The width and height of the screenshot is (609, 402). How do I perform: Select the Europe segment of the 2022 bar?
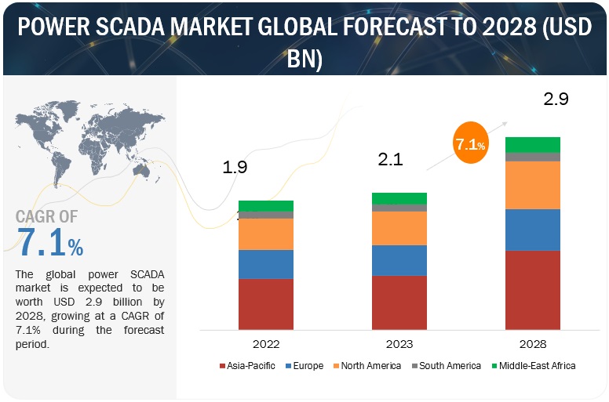pyautogui.click(x=265, y=264)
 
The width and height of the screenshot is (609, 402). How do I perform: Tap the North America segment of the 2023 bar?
pyautogui.click(x=399, y=228)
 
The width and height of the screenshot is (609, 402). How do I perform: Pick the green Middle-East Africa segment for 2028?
pyautogui.click(x=532, y=145)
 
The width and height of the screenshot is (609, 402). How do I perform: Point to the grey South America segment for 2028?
pyautogui.click(x=532, y=157)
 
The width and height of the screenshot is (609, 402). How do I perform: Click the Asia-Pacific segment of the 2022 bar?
pyautogui.click(x=265, y=303)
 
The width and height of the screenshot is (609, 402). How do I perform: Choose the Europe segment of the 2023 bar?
pyautogui.click(x=399, y=260)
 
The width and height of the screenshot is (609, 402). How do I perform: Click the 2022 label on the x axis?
pyautogui.click(x=265, y=343)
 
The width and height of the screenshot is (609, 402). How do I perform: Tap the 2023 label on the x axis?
pyautogui.click(x=399, y=343)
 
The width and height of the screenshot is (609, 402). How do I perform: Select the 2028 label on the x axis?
pyautogui.click(x=532, y=343)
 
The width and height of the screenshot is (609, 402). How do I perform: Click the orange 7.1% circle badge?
pyautogui.click(x=470, y=144)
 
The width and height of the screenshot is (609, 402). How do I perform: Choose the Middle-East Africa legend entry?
pyautogui.click(x=534, y=365)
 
